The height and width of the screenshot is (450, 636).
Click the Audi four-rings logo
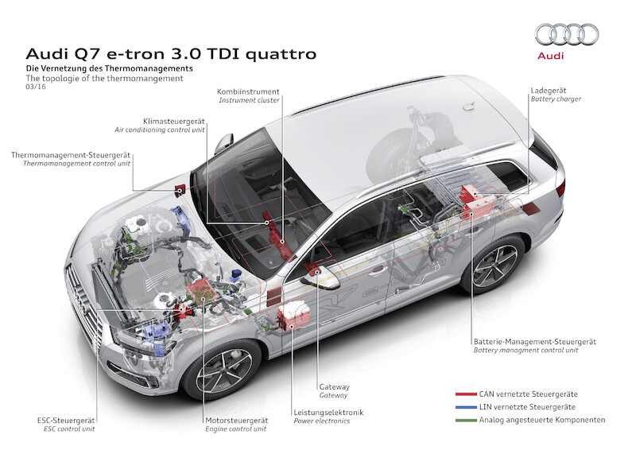tap(567, 34)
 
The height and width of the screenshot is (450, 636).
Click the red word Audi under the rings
tap(550, 56)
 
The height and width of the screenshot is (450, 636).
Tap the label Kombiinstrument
tap(248, 91)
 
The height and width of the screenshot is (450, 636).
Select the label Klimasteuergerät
tap(173, 122)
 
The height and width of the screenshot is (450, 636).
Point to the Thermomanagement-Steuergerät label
tap(71, 155)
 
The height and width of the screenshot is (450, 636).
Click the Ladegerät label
tap(549, 91)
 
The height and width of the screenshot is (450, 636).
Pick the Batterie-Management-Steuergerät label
tap(534, 342)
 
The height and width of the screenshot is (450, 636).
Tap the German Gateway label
tap(334, 387)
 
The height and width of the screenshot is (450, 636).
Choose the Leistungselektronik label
tap(328, 413)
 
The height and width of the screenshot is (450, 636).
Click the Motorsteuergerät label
tap(236, 421)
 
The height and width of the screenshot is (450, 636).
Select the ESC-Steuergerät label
tap(66, 421)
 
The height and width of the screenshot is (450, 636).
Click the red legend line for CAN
tap(466, 394)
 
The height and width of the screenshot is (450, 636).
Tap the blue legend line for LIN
tap(466, 407)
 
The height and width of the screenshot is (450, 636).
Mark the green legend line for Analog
tap(466, 420)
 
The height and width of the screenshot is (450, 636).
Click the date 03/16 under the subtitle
tap(36, 87)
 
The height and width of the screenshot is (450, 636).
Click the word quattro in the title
tap(281, 54)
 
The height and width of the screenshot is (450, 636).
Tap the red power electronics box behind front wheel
tap(293, 316)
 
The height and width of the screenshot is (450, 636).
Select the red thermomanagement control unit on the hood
tap(180, 189)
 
